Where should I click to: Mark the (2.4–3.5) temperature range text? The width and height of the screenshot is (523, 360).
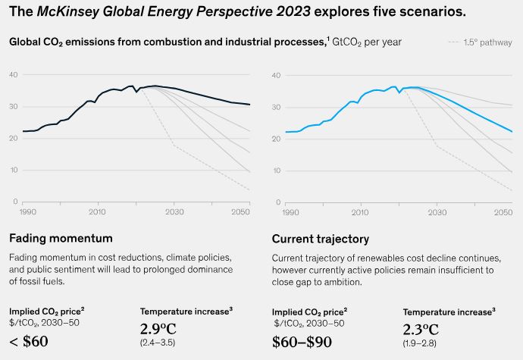[158, 343]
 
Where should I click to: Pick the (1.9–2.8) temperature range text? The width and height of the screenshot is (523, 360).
[420, 343]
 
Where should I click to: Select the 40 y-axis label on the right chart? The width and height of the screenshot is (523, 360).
[277, 74]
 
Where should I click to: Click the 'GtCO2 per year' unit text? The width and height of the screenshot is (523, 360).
[366, 42]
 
